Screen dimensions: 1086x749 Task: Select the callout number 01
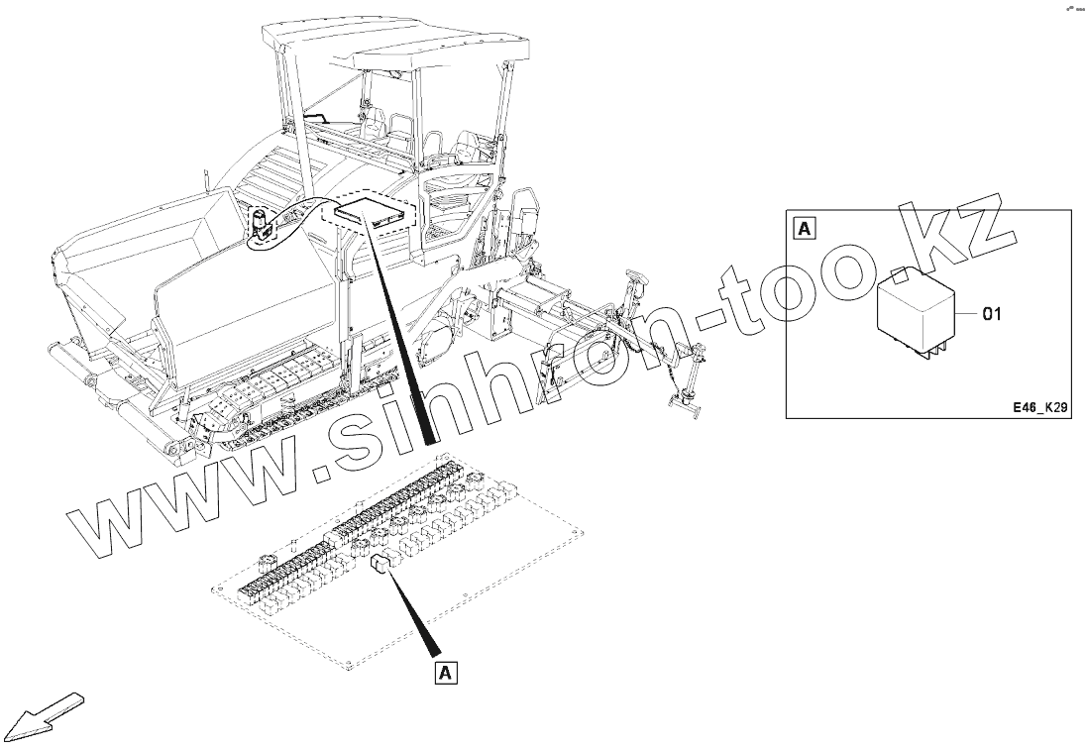[x=992, y=315]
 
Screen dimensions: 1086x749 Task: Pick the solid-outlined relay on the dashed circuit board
[x=381, y=565]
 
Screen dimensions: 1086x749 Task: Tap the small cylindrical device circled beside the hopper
[x=261, y=224]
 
